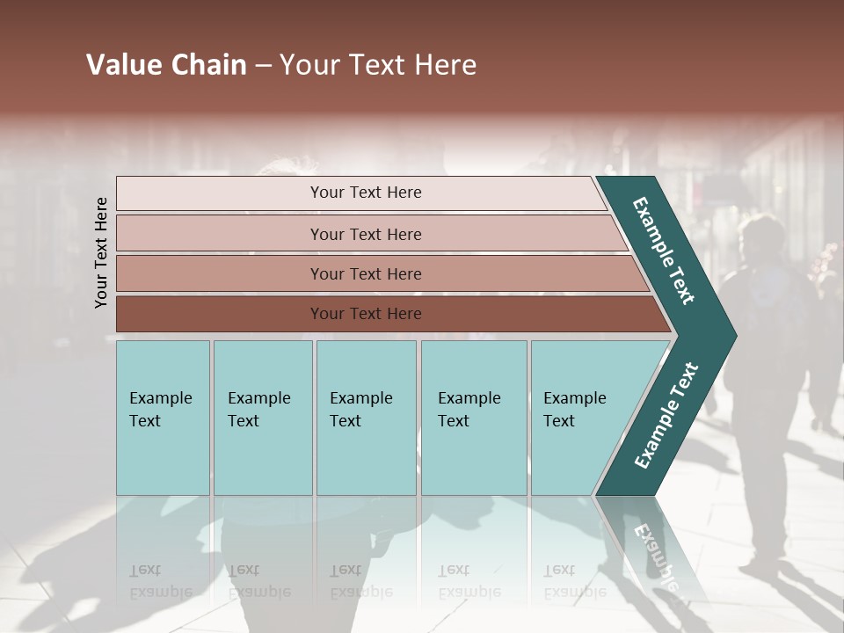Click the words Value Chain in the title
166,65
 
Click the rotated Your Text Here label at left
102,253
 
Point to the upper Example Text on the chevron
664,251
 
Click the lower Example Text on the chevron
666,416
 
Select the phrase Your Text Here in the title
378,65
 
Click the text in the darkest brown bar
366,314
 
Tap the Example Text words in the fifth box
574,410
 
